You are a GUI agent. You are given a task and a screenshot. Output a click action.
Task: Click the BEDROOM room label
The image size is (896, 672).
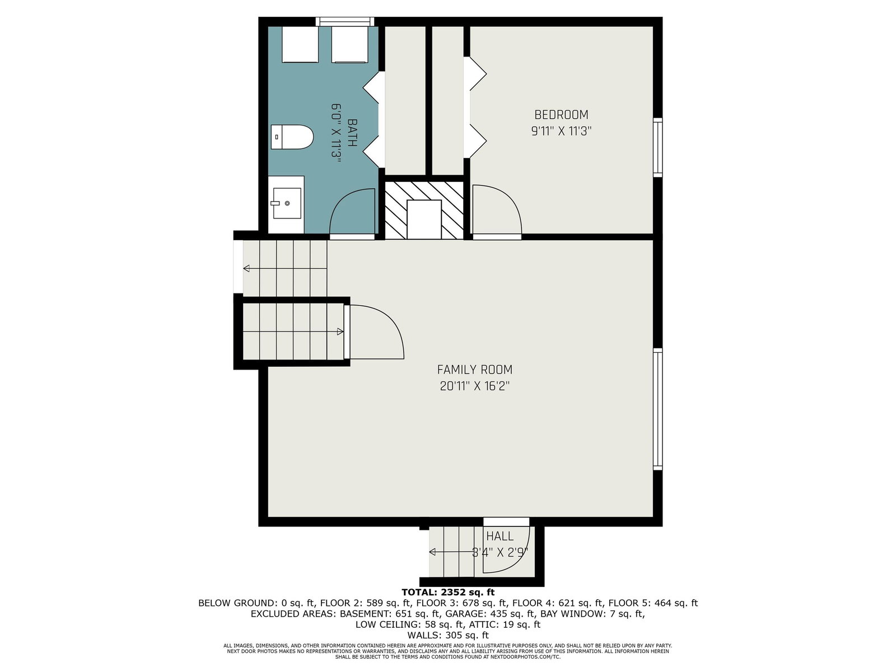[x=561, y=114]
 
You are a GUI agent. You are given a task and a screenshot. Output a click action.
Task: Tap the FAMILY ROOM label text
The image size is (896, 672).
[x=474, y=369]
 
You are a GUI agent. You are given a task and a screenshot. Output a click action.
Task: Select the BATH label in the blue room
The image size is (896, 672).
[x=352, y=133]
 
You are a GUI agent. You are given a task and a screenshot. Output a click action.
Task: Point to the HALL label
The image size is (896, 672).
[x=500, y=536]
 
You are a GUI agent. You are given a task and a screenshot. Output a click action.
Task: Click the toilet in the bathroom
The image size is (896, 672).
[x=292, y=137]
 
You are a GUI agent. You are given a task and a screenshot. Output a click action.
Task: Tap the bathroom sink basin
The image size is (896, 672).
[x=287, y=203]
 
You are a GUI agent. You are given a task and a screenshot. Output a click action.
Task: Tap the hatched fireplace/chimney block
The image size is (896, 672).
[x=424, y=210]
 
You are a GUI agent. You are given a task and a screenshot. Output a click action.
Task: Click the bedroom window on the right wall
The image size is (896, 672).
[x=657, y=147]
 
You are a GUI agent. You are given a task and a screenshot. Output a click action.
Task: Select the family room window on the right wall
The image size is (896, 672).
[x=657, y=409]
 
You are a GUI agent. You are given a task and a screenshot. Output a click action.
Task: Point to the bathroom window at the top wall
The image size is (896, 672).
[x=345, y=21]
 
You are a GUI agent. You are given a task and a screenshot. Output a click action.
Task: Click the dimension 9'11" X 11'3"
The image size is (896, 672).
[x=561, y=132]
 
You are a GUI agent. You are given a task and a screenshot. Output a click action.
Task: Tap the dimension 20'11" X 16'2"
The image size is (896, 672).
[x=475, y=386]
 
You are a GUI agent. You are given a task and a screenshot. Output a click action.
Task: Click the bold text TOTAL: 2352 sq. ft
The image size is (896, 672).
[x=448, y=592]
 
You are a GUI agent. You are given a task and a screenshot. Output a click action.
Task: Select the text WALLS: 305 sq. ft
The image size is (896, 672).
[x=448, y=635]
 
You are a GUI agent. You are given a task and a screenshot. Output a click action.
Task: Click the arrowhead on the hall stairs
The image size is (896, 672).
[x=432, y=552]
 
